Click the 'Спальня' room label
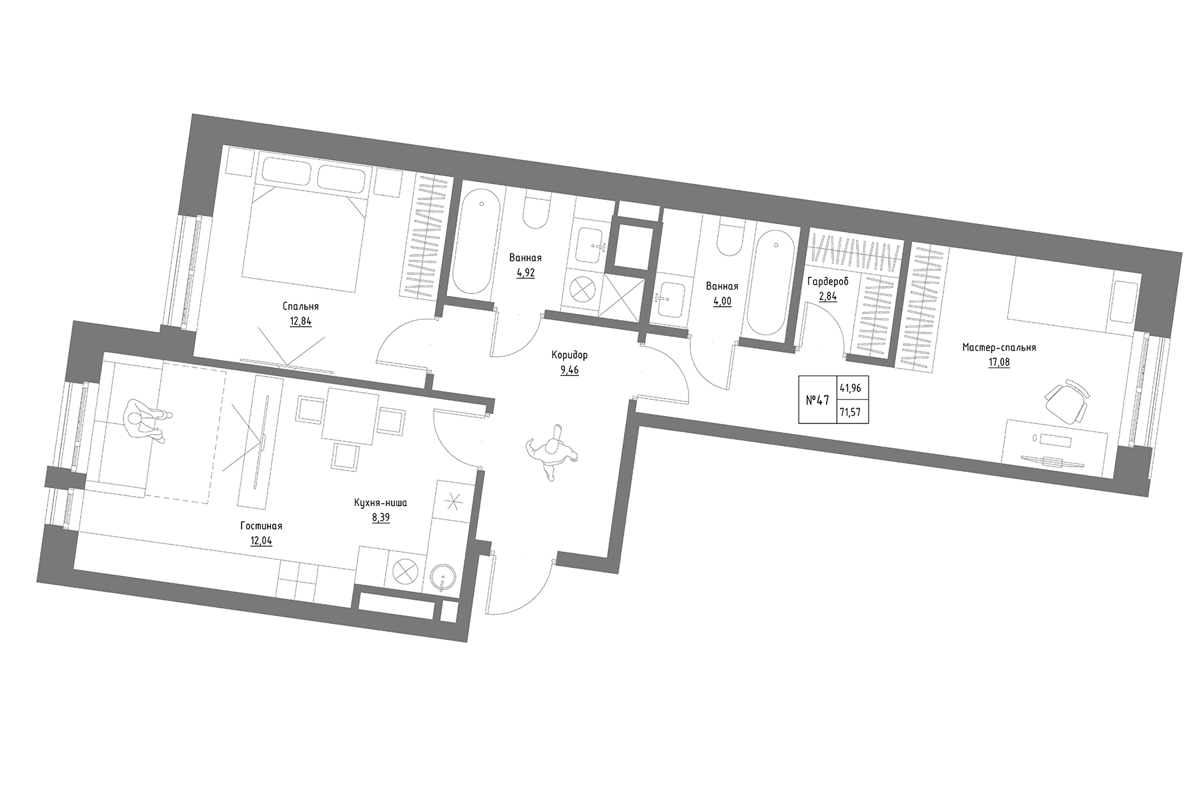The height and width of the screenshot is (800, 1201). pos(300,307)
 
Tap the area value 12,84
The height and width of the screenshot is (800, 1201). pos(300,321)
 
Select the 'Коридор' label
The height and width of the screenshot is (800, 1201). pos(569,355)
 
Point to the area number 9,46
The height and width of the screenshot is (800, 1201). pos(569,370)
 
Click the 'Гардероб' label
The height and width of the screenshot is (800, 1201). pos(827,281)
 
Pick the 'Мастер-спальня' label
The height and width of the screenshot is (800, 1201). pos(998,347)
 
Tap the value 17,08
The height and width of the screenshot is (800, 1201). pos(998,363)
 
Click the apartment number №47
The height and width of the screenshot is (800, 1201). pos(817,401)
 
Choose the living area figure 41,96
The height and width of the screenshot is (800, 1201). pos(851,388)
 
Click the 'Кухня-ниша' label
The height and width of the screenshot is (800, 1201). pos(380,503)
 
